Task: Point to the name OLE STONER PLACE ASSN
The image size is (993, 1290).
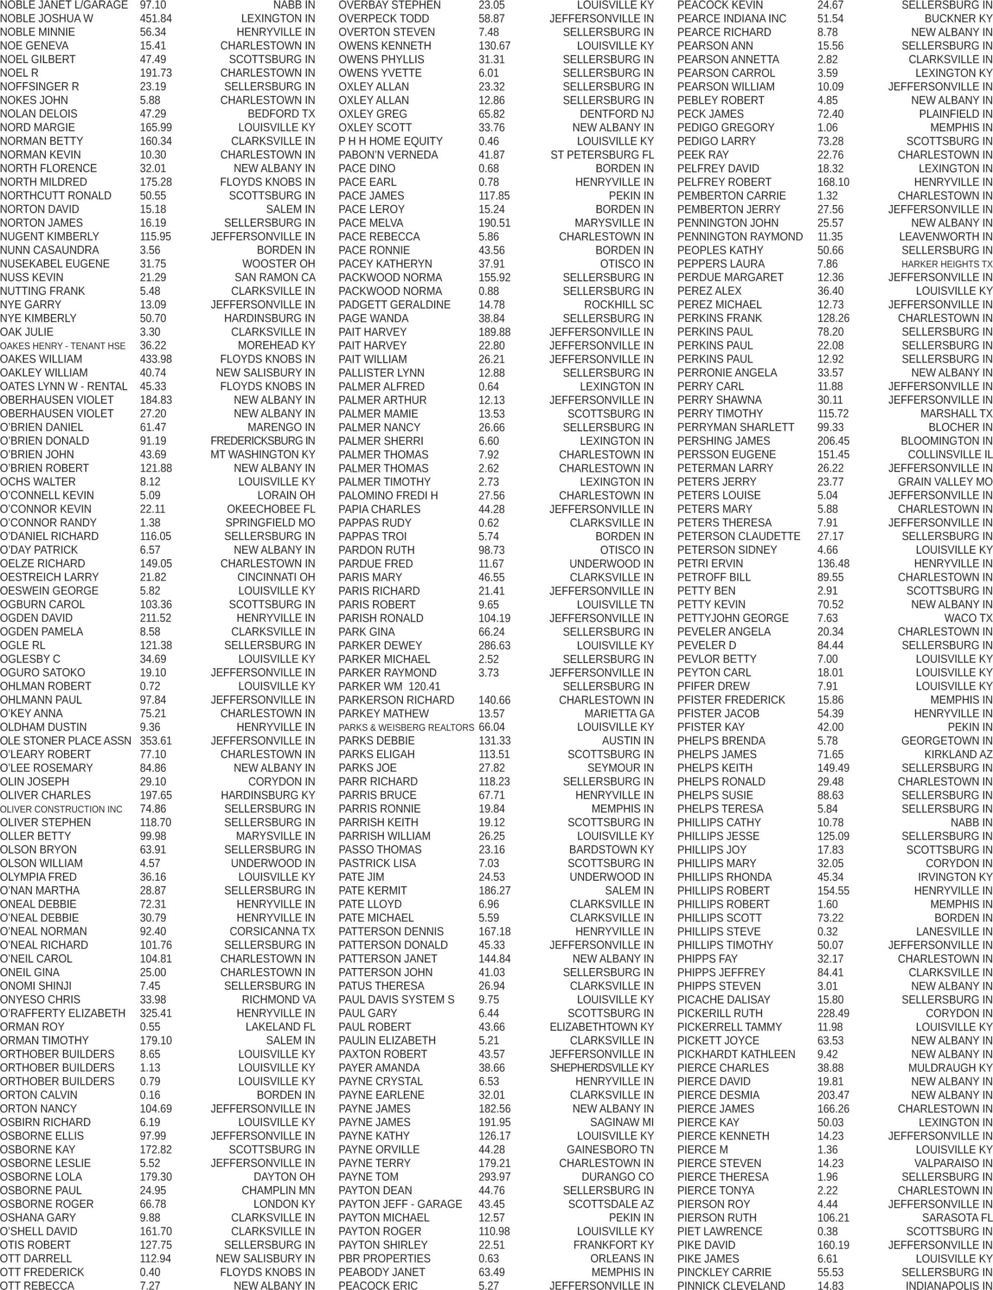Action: pyautogui.click(x=65, y=741)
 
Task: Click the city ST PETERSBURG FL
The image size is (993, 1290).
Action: pyautogui.click(x=602, y=155)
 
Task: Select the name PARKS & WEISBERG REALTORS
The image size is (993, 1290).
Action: pyautogui.click(x=406, y=727)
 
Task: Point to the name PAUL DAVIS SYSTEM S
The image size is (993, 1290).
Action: pyautogui.click(x=396, y=999)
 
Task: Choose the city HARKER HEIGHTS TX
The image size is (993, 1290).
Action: pyautogui.click(x=946, y=264)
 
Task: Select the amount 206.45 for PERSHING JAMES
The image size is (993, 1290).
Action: pyautogui.click(x=833, y=440)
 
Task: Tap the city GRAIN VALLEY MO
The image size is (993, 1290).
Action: pyautogui.click(x=945, y=481)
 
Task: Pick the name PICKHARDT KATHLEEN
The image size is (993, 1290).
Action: pyautogui.click(x=736, y=1054)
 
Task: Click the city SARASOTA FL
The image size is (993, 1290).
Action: pyautogui.click(x=957, y=1217)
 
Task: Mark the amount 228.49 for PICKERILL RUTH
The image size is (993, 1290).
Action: pyautogui.click(x=833, y=1013)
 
